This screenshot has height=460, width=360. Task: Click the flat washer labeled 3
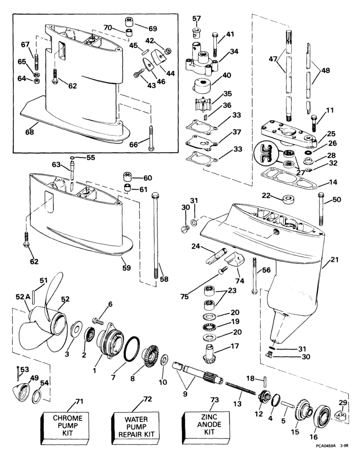tap(76, 331)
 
